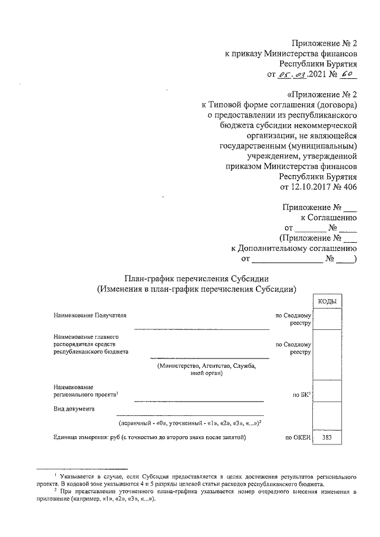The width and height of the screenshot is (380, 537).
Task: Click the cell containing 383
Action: (328, 438)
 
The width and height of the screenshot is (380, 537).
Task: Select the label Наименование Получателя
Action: (90, 315)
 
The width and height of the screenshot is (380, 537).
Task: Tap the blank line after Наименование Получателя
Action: (201, 328)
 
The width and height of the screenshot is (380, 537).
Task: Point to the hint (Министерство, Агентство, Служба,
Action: (207, 366)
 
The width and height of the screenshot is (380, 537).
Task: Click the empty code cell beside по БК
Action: (328, 390)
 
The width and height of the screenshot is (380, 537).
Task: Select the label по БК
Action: (302, 393)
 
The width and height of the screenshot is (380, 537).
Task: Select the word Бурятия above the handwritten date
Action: (341, 64)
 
